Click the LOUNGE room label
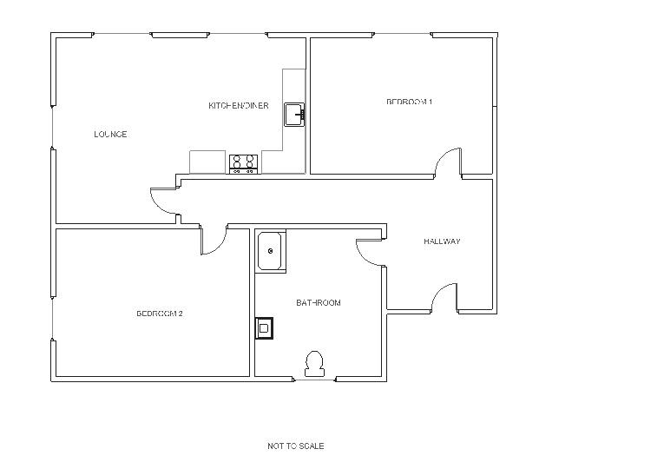tap(110, 135)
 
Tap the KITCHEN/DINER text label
tap(238, 106)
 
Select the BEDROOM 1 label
tap(409, 102)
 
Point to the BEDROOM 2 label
tap(160, 314)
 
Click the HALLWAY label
tap(442, 241)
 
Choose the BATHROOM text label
tap(319, 303)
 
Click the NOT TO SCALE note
tap(296, 446)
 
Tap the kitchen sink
tap(295, 114)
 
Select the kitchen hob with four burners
tap(243, 163)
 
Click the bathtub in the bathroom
tap(270, 252)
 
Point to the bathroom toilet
tap(314, 363)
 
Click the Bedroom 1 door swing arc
tap(448, 162)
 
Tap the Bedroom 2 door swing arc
tap(214, 242)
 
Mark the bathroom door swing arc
tap(369, 251)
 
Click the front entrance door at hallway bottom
tap(444, 297)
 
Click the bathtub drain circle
tap(271, 252)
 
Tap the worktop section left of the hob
tap(208, 162)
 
